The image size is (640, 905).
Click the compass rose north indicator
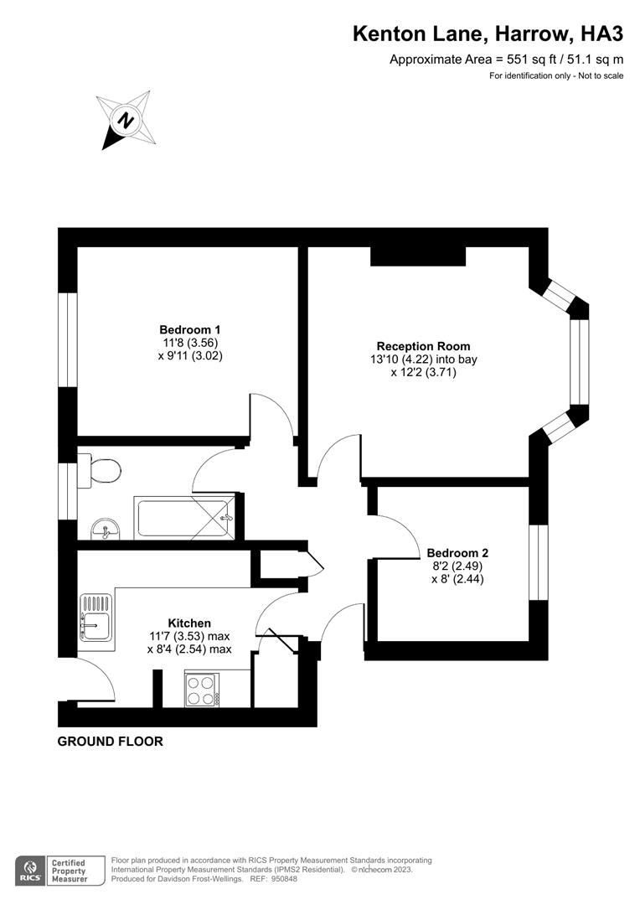pyautogui.click(x=126, y=120)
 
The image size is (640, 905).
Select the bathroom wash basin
pyautogui.click(x=106, y=529)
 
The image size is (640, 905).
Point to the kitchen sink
pyautogui.click(x=95, y=618)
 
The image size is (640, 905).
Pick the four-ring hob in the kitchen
pyautogui.click(x=202, y=690)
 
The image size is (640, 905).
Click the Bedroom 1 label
pyautogui.click(x=190, y=343)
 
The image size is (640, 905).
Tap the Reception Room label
pyautogui.click(x=424, y=359)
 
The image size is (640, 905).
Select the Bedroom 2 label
pyautogui.click(x=457, y=566)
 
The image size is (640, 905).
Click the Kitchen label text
pyautogui.click(x=189, y=623)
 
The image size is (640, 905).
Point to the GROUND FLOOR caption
pyautogui.click(x=111, y=741)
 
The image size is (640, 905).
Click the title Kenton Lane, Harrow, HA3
pyautogui.click(x=488, y=34)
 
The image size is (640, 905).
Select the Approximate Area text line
pyautogui.click(x=506, y=59)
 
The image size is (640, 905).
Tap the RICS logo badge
pyautogui.click(x=31, y=871)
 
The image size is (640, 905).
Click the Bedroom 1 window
pyautogui.click(x=68, y=339)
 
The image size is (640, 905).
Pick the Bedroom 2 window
pyautogui.click(x=539, y=562)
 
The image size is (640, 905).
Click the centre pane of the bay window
pyautogui.click(x=580, y=361)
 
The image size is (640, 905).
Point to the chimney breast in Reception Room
pyautogui.click(x=418, y=256)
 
